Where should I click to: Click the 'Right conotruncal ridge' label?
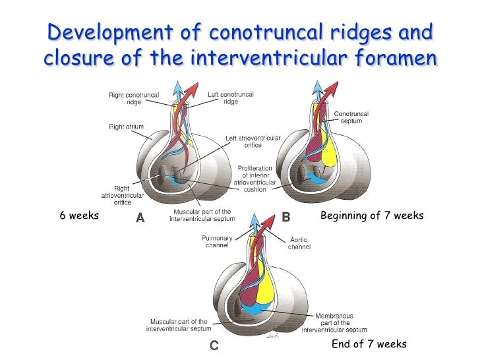pos(134,99)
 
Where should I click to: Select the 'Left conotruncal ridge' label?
pos(231,98)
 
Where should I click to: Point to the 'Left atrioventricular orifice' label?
pos(253,141)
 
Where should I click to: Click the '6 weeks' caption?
pos(79,216)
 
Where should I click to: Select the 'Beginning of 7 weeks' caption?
pos(372,216)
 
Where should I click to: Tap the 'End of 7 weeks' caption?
pos(369,344)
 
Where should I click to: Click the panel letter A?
pos(139,217)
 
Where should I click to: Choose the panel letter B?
pos(286,216)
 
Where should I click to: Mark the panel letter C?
pos(214,345)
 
